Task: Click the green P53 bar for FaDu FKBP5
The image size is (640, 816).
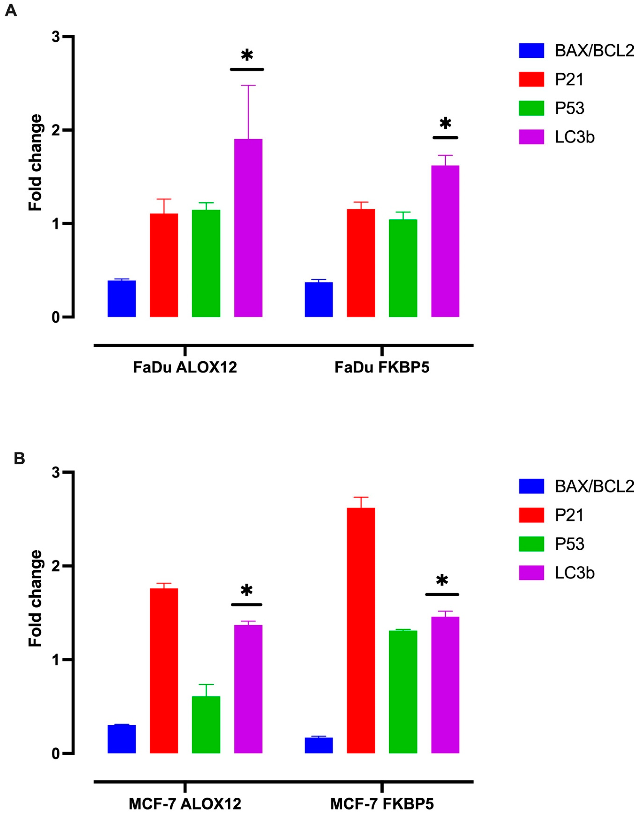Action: point(403,268)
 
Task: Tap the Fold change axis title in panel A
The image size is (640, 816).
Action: point(36,162)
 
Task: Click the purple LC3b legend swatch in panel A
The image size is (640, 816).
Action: point(531,137)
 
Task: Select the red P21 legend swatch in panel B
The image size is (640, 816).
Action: point(531,515)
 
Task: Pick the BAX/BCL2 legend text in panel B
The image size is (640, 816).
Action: point(594,486)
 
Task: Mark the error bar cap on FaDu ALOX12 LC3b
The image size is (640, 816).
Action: point(248,85)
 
